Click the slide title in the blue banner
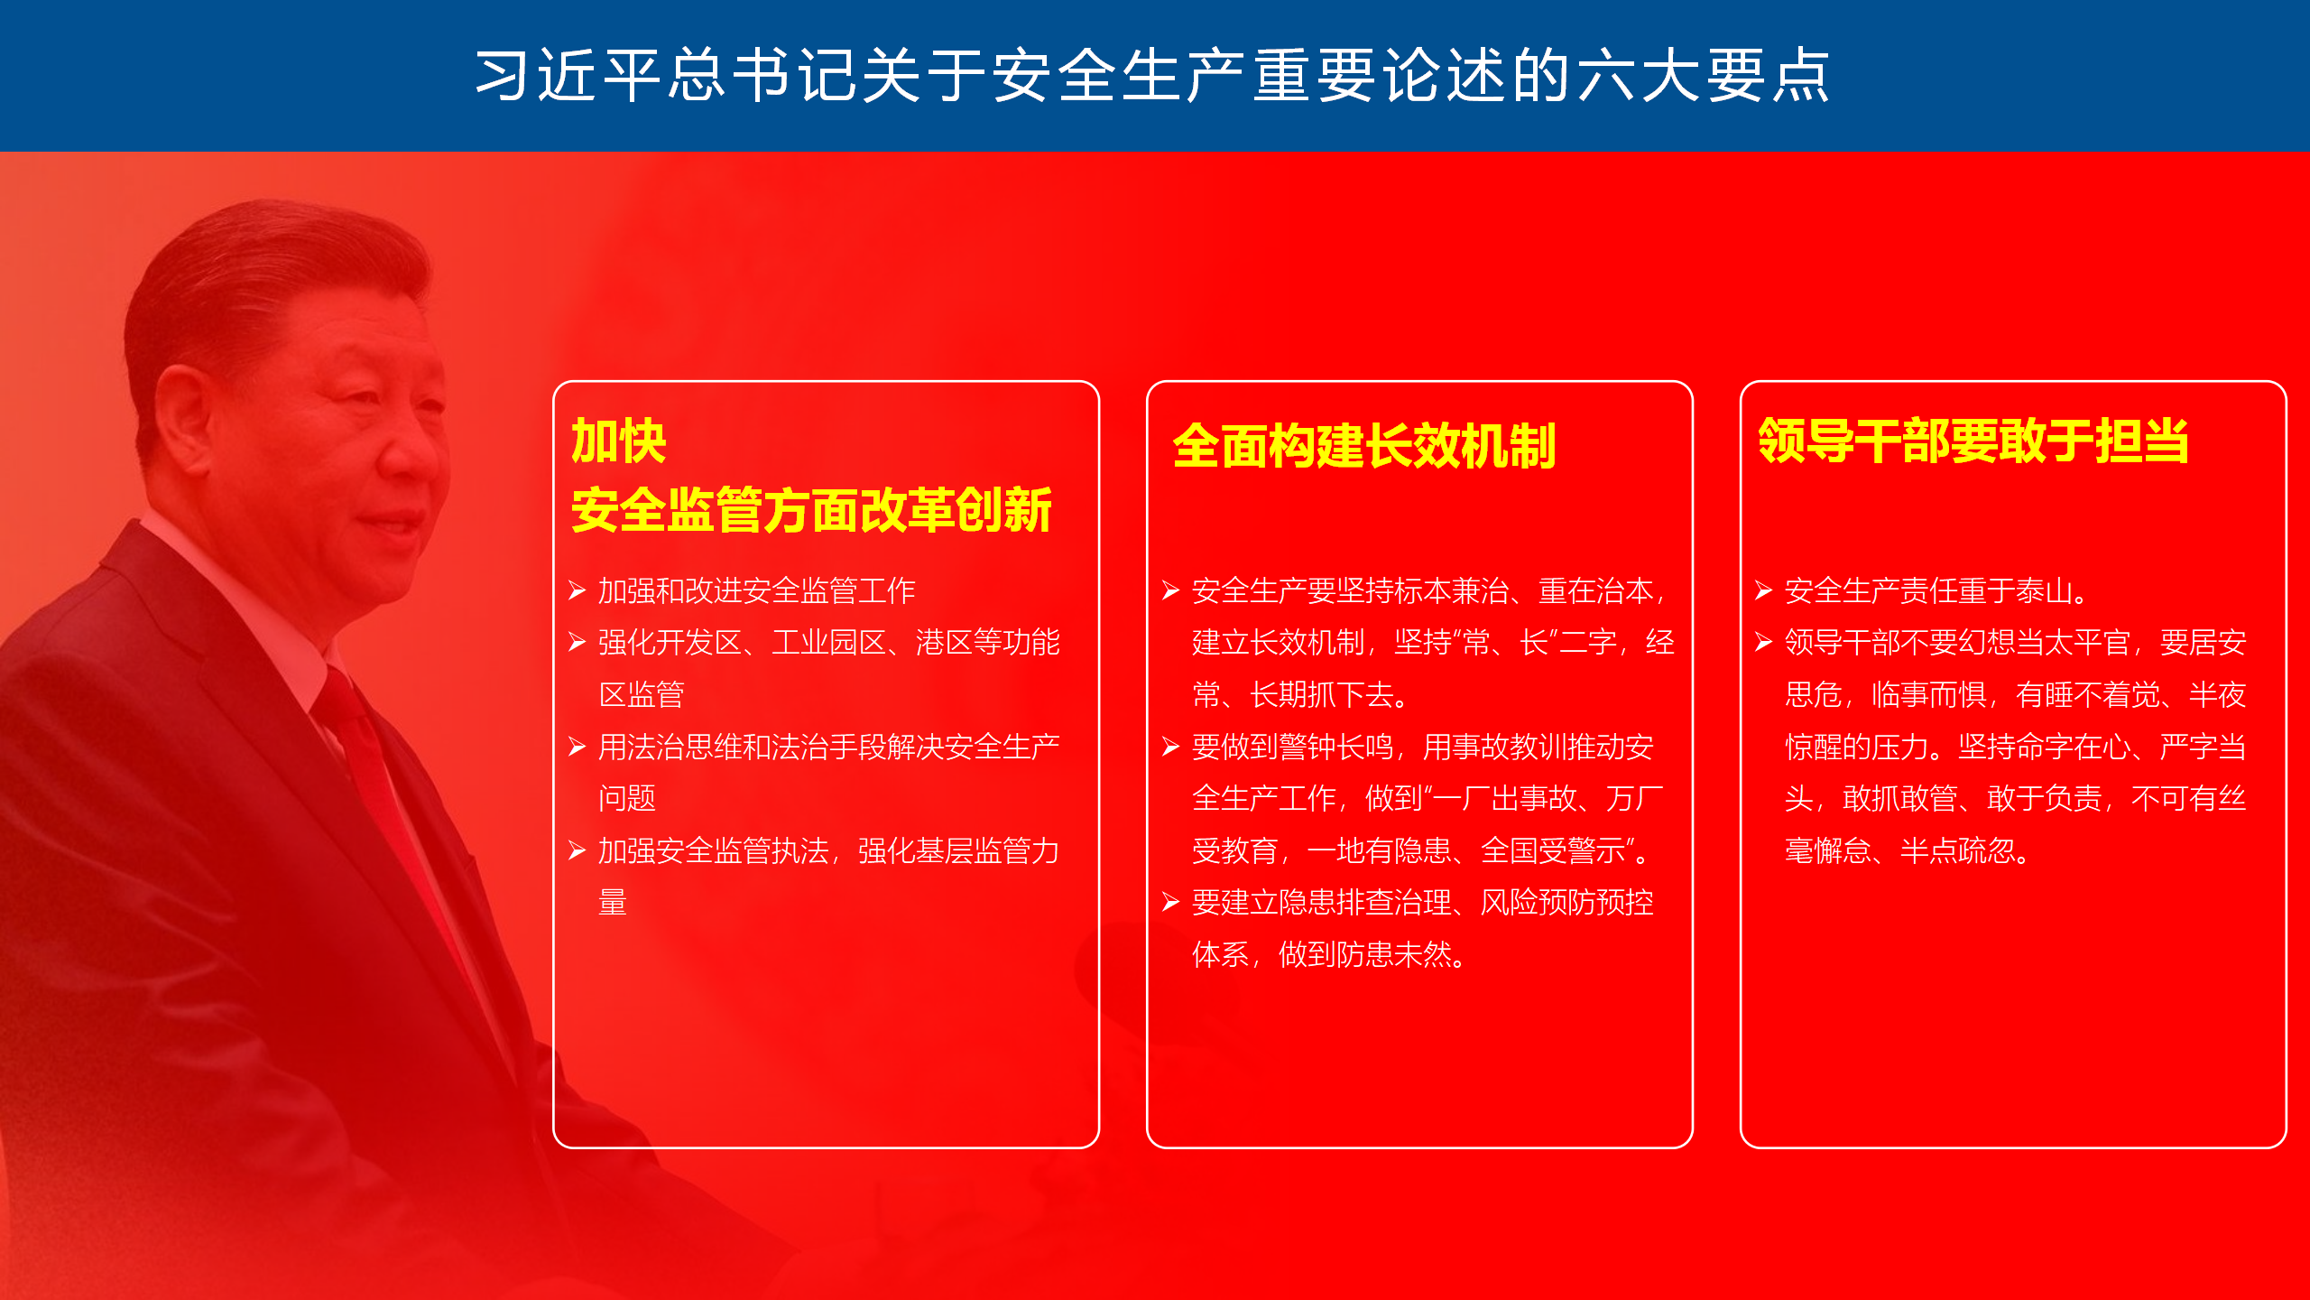1152,75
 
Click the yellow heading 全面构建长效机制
1364,446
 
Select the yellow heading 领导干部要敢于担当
1973,441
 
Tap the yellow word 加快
619,441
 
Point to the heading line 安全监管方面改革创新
811,510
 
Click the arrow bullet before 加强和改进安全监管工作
577,590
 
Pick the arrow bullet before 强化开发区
577,642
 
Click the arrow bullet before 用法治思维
577,747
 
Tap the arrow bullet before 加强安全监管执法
577,850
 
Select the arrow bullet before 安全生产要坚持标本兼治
1171,590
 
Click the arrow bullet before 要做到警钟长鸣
1171,747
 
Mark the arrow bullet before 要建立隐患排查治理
1171,902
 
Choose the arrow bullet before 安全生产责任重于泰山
1764,590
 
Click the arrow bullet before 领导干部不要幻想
1764,642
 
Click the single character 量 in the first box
613,902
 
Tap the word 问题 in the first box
627,798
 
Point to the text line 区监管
642,694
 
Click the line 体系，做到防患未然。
1330,954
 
